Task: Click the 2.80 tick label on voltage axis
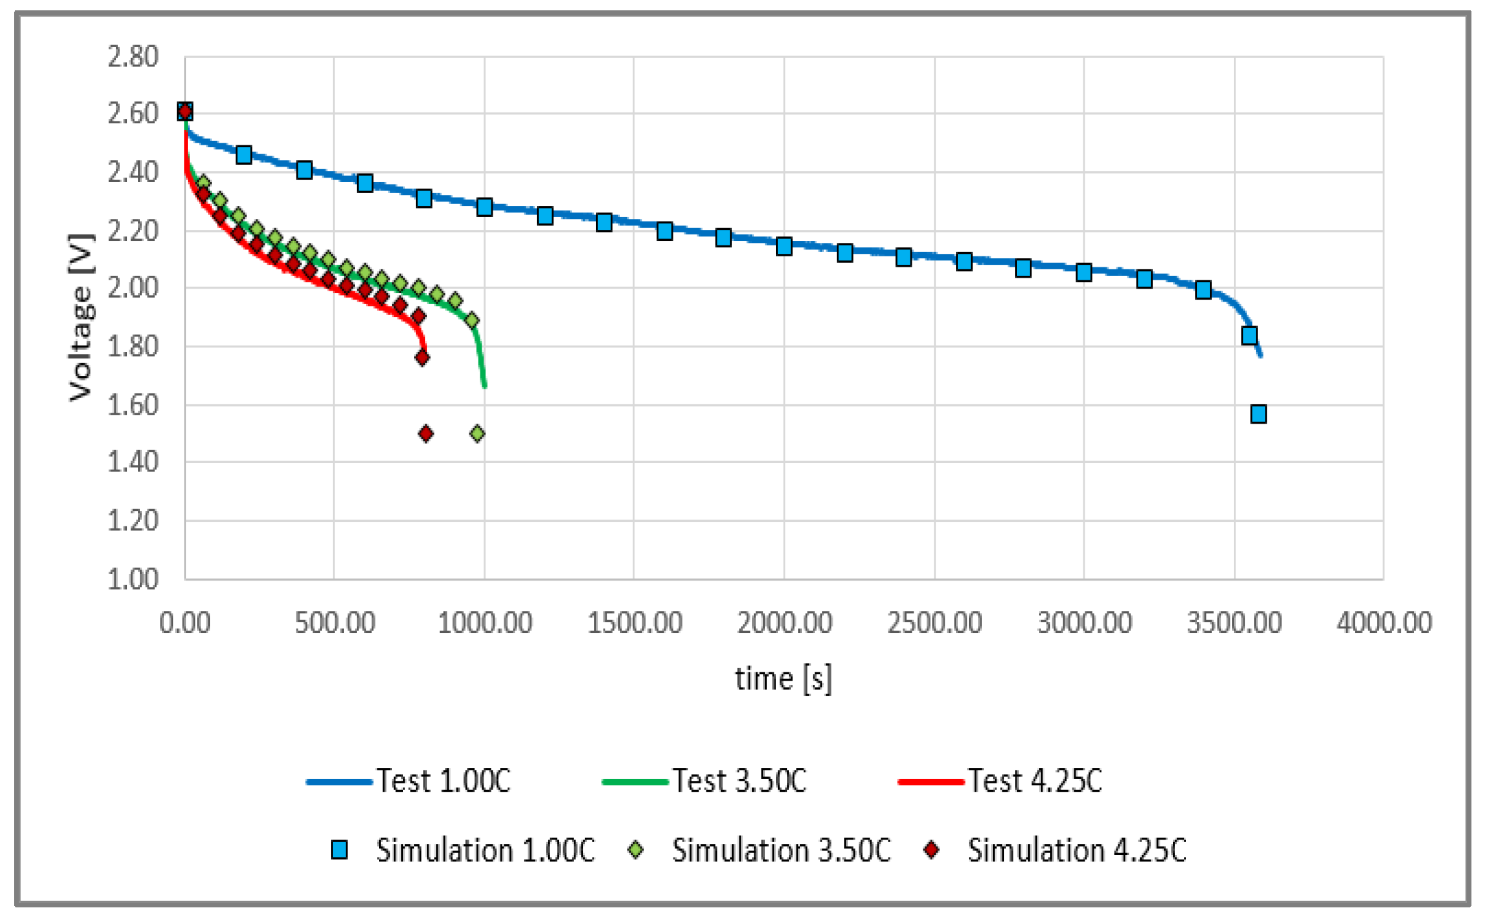coord(132,57)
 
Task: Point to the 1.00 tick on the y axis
coord(132,579)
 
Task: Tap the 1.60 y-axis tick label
coord(132,405)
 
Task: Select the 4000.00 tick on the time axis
coord(1384,623)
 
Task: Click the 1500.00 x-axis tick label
coord(634,623)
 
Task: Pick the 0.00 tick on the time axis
coord(185,623)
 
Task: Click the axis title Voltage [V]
coord(81,316)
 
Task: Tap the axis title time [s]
coord(783,679)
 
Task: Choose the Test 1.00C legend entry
coord(408,781)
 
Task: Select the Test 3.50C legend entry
coord(704,781)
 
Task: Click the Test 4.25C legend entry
coord(999,781)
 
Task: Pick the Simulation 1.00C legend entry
coord(462,850)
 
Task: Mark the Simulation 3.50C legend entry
coord(759,850)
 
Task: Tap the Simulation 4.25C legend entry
coord(1054,850)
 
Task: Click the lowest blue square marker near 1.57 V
coord(1258,414)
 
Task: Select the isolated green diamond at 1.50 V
coord(477,433)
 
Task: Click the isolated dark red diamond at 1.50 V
coord(425,433)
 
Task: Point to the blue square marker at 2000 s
coord(784,246)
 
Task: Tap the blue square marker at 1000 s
coord(484,207)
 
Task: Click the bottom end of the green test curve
coord(485,386)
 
